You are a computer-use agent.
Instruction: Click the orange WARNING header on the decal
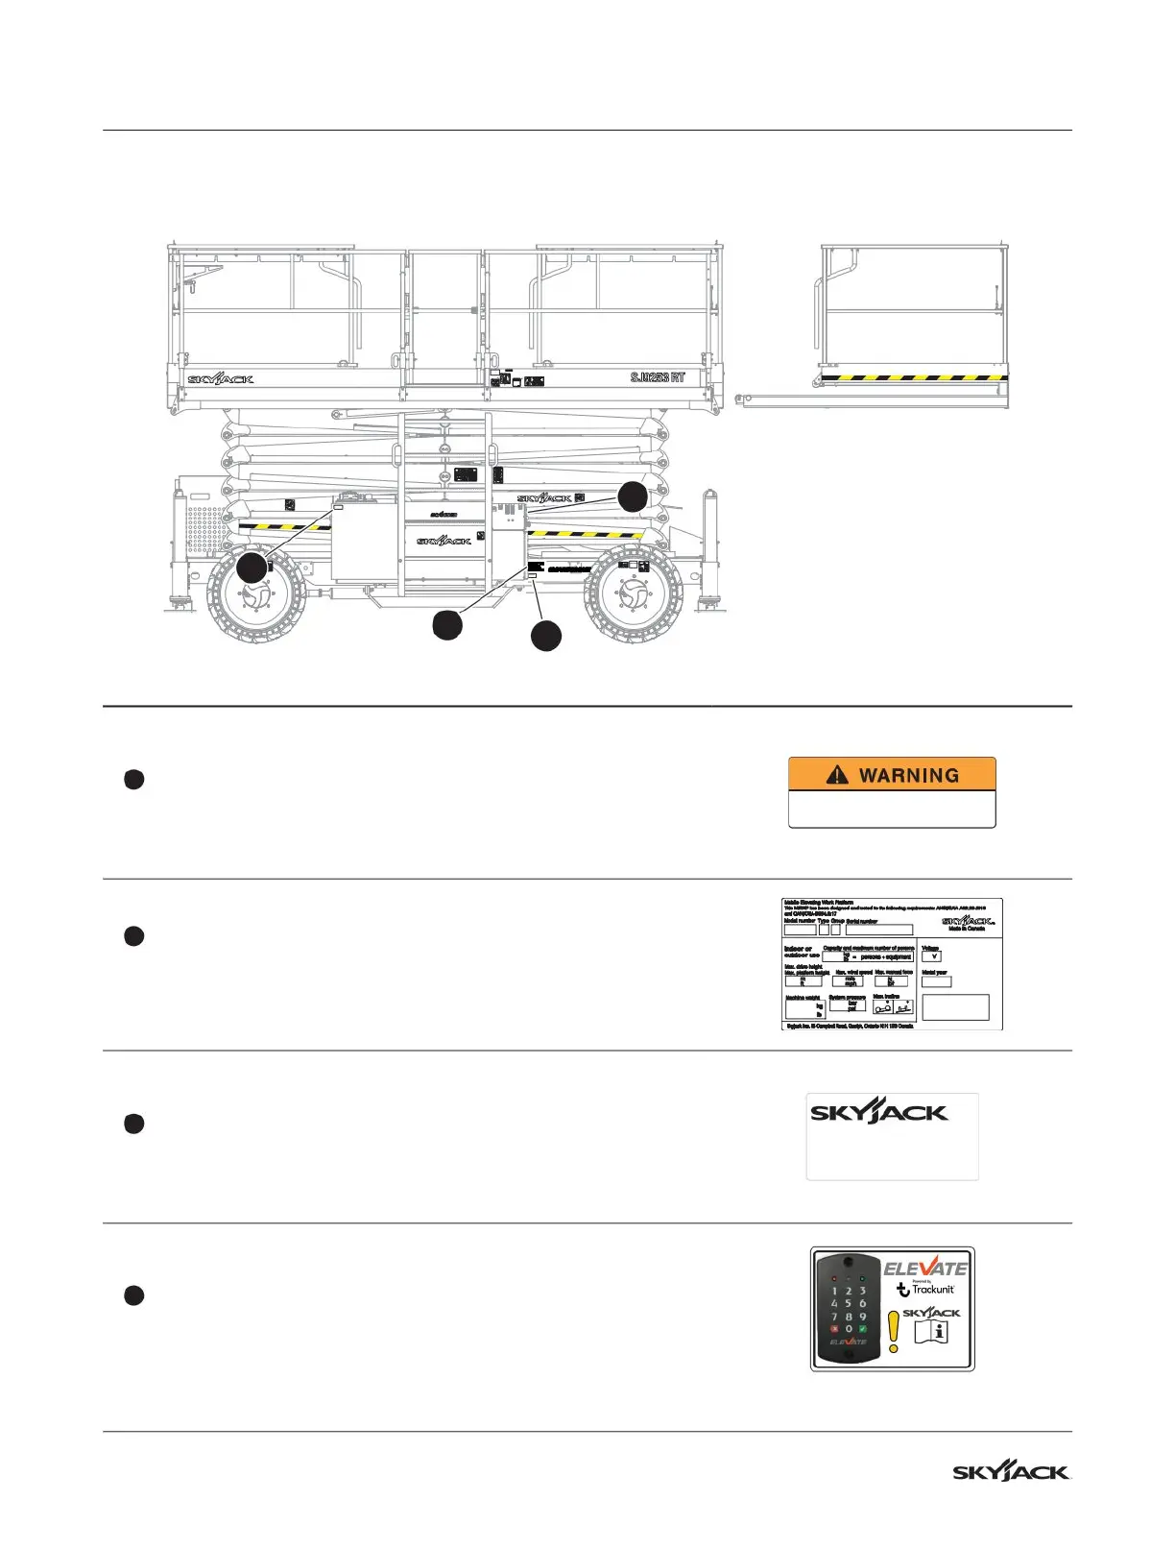pos(892,775)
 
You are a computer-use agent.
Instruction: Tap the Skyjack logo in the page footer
pos(1011,1472)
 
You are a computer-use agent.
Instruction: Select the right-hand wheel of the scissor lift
pos(634,596)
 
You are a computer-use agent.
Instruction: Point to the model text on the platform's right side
pos(658,377)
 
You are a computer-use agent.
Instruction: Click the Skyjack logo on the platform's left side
pos(221,379)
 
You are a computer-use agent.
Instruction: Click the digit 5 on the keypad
pos(849,1303)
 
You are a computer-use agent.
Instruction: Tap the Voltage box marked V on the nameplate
pos(931,956)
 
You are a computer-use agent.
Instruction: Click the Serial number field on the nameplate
pos(878,931)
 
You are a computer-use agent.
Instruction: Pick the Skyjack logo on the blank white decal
pos(878,1113)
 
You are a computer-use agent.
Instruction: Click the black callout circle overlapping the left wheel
pos(252,568)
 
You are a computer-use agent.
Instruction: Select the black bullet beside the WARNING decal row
pos(133,780)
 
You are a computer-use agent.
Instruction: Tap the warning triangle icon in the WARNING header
pos(837,775)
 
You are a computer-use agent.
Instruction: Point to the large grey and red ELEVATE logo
pos(925,1269)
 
